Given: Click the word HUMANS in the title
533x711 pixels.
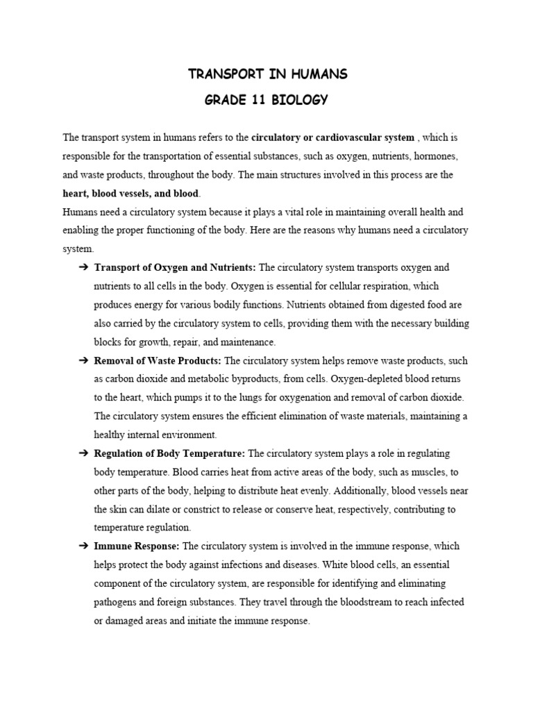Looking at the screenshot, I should click(x=317, y=74).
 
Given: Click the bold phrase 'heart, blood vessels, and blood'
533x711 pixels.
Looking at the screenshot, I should click(x=130, y=192).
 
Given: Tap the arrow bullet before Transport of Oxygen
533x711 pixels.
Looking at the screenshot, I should click(x=82, y=267).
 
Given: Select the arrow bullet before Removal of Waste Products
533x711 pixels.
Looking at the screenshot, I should click(x=82, y=360).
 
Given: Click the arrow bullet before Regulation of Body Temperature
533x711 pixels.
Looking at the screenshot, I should click(x=82, y=453).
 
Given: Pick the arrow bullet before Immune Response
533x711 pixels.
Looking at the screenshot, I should click(x=82, y=546).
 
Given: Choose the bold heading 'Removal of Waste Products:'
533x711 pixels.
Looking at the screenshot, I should click(x=158, y=360).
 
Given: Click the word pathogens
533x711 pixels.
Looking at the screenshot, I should click(x=116, y=603).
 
